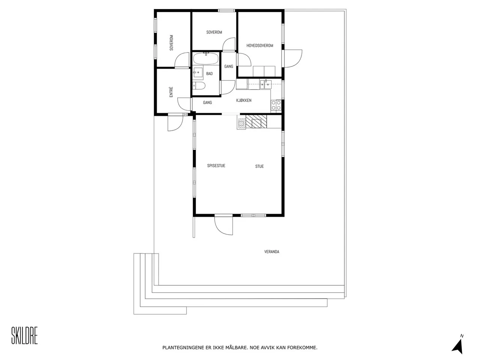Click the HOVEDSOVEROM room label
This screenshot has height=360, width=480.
coord(259,46)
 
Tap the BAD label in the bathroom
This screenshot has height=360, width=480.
coord(209,74)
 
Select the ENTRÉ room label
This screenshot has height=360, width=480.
coord(171,92)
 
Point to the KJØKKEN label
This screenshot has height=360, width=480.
coord(244,100)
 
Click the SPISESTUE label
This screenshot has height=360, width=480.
coord(216,166)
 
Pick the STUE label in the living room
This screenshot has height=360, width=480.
coord(259,166)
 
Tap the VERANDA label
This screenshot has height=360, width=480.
coord(271,252)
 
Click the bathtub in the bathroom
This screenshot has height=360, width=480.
coord(205,58)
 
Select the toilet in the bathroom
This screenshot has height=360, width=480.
coord(199,87)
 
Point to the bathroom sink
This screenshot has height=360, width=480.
coord(198,72)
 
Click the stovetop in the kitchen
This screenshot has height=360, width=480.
coord(276,105)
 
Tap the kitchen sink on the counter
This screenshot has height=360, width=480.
coord(266,84)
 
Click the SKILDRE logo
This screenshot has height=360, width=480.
coord(25,335)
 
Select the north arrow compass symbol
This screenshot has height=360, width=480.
coord(457,343)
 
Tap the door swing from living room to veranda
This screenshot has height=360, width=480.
coord(224,225)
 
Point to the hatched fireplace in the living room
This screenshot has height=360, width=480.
coord(256,121)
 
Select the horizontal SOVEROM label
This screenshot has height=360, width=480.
coord(214,32)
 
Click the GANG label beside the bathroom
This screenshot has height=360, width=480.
coord(228,67)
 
